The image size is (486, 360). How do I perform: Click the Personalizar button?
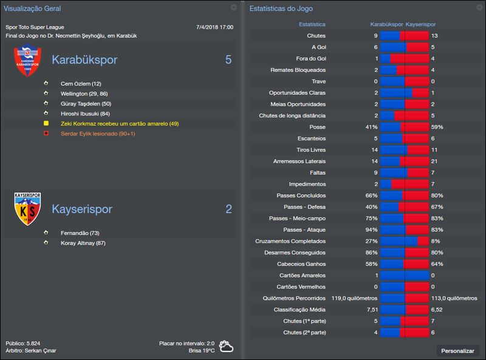[x=458, y=351]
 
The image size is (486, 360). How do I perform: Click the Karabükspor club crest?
[x=27, y=61]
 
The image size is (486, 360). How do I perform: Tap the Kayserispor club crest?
[x=27, y=209]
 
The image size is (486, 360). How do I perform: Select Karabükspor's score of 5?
[x=228, y=60]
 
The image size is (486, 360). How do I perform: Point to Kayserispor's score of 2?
[x=228, y=209]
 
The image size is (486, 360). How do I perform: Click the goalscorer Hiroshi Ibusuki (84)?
[x=85, y=114]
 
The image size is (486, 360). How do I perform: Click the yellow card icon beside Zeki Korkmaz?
[x=46, y=123]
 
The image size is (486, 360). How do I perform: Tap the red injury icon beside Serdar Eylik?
[x=46, y=134]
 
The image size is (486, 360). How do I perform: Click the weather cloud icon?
[x=226, y=347]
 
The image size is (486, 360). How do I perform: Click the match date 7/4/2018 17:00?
[x=214, y=27]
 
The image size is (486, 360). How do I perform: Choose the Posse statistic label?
[x=317, y=127]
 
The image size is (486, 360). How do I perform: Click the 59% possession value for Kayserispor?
[x=437, y=127]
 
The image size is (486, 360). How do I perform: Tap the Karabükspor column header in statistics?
[x=386, y=24]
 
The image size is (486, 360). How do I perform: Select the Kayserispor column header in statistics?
[x=420, y=24]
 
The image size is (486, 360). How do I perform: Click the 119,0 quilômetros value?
[x=354, y=298]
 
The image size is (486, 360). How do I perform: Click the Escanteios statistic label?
[x=311, y=138]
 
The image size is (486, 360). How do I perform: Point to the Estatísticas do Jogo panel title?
[x=281, y=9]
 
